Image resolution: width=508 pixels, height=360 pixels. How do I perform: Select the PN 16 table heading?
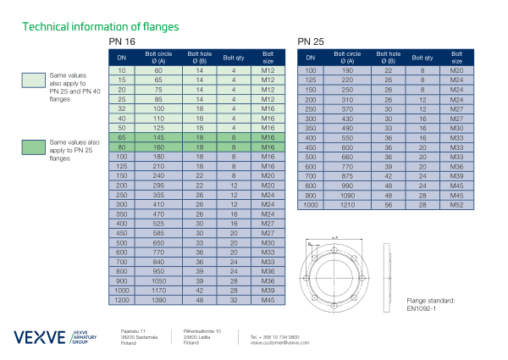121,42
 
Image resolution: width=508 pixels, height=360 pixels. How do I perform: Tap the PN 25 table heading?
311,42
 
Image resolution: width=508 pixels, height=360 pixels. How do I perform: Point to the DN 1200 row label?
122,301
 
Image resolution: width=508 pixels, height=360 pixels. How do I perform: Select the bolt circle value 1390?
158,301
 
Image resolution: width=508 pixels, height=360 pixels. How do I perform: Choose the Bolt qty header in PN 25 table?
422,58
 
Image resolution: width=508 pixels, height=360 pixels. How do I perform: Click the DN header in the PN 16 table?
122,58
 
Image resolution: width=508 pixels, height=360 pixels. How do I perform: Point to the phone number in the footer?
269,336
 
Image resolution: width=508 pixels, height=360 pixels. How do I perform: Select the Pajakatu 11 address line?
134,330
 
